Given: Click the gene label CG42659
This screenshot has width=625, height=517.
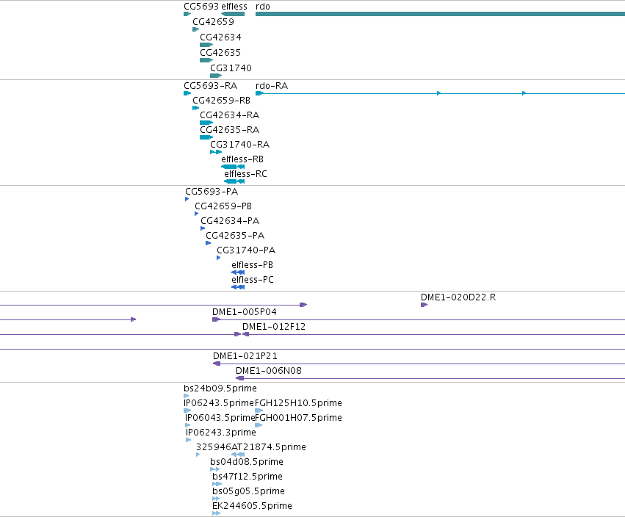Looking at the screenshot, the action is pyautogui.click(x=213, y=22).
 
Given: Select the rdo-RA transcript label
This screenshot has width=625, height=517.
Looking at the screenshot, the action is pyautogui.click(x=272, y=86).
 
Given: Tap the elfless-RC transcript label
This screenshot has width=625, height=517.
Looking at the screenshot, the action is pyautogui.click(x=245, y=174).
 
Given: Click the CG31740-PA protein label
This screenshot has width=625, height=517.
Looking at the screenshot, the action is pyautogui.click(x=246, y=250).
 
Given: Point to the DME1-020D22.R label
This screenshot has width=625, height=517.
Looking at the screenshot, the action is pyautogui.click(x=458, y=297).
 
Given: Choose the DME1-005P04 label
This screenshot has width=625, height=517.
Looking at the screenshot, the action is pyautogui.click(x=245, y=311).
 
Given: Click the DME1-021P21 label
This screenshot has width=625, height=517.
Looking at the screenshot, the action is pyautogui.click(x=245, y=356).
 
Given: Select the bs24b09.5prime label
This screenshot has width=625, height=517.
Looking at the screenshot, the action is pyautogui.click(x=220, y=388).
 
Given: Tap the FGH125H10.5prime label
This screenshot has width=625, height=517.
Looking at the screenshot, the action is pyautogui.click(x=298, y=403).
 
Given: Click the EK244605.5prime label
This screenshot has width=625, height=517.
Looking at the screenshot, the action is pyautogui.click(x=253, y=506).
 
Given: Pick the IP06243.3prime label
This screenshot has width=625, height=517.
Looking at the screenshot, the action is pyautogui.click(x=221, y=433).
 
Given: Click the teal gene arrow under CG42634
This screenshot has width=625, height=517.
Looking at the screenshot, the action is pyautogui.click(x=206, y=45).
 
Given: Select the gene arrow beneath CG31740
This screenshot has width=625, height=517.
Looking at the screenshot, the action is pyautogui.click(x=216, y=76).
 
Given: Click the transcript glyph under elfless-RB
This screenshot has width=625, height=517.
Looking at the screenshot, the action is pyautogui.click(x=233, y=167).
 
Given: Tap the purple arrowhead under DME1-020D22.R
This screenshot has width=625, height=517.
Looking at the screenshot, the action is pyautogui.click(x=424, y=305).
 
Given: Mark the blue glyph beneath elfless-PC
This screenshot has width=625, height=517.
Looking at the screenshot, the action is pyautogui.click(x=238, y=287).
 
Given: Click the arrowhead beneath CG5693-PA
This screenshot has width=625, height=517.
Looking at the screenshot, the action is pyautogui.click(x=187, y=199).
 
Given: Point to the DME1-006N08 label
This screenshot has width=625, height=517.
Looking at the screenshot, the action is pyautogui.click(x=269, y=371).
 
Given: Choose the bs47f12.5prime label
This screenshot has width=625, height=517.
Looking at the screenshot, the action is pyautogui.click(x=248, y=477).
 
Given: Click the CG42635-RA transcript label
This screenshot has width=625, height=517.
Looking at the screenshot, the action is pyautogui.click(x=230, y=130).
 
